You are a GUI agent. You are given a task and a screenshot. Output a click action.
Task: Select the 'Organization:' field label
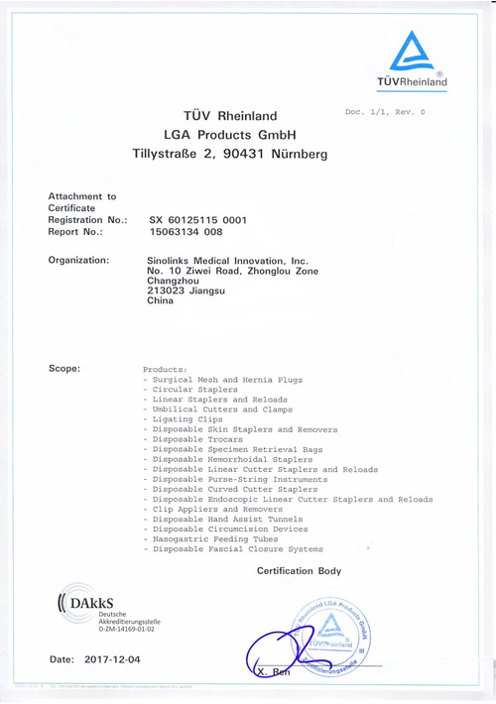pos(78,260)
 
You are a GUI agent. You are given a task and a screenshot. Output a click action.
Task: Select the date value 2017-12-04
pos(114,658)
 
